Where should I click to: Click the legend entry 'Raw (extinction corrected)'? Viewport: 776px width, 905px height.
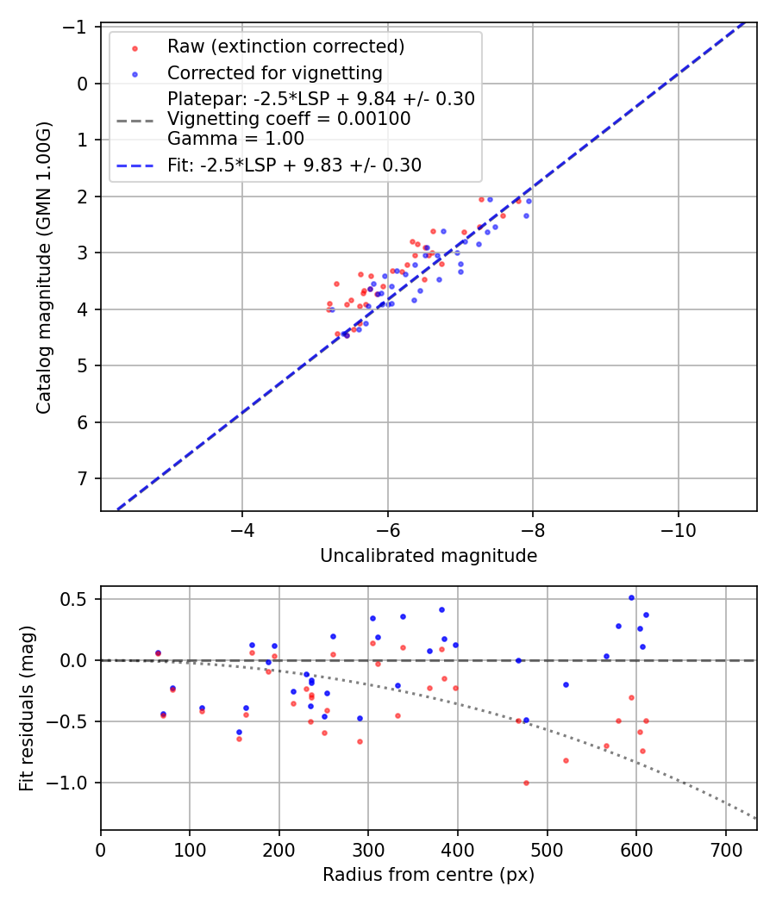click(x=285, y=46)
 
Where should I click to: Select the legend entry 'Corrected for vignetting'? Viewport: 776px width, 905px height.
click(x=274, y=72)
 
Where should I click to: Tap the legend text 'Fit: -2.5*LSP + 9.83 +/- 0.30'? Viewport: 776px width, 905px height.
click(x=294, y=165)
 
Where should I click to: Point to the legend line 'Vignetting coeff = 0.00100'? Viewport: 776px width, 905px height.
click(x=289, y=119)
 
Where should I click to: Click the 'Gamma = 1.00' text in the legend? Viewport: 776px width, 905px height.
click(x=235, y=138)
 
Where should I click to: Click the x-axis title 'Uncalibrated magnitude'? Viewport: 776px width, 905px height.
click(x=429, y=556)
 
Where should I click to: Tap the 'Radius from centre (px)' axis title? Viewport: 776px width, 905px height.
click(x=429, y=875)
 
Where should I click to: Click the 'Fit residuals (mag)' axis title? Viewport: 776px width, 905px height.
click(x=27, y=708)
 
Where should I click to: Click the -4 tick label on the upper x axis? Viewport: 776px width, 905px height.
click(x=242, y=527)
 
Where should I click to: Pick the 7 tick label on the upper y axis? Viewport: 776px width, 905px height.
click(x=84, y=478)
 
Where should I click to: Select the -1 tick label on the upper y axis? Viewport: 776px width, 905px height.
click(x=79, y=28)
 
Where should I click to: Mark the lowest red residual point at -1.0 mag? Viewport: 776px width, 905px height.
click(x=526, y=783)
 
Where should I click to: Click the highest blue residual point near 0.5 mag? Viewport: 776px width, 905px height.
click(x=631, y=597)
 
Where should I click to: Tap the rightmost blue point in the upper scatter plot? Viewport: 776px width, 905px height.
click(x=529, y=201)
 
